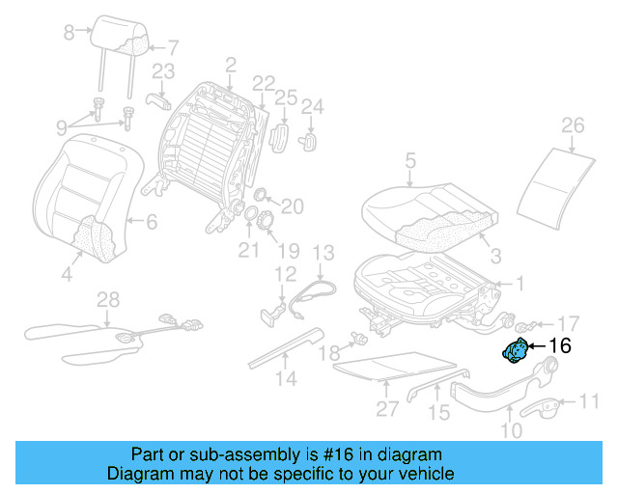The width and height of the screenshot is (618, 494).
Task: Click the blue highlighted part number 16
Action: coord(515,352)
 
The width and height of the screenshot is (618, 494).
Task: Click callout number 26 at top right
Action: coord(573,125)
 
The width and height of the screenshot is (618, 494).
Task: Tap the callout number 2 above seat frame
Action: coord(230,66)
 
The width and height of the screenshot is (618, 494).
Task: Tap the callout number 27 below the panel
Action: coord(387,408)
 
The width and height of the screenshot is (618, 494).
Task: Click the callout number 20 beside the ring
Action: coord(292,206)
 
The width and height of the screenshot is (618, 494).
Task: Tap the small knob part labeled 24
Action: coord(312,140)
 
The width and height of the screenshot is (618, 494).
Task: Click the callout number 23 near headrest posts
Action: coord(163,71)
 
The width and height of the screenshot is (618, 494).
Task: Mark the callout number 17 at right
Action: coord(569,323)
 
